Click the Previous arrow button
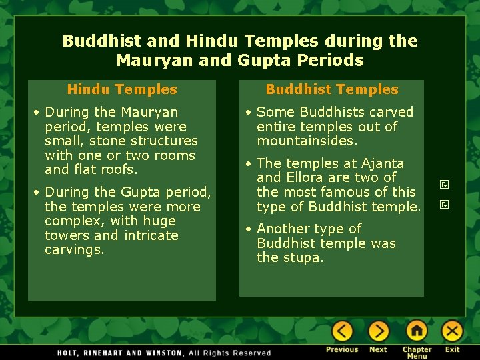tap(342, 331)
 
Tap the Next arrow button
tap(378, 331)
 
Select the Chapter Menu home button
tap(417, 331)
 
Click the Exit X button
tap(452, 331)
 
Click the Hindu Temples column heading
tap(122, 89)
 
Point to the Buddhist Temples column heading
tap(331, 89)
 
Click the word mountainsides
tap(307, 141)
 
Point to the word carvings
tap(74, 250)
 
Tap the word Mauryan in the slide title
tap(150, 61)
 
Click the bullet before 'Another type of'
tap(247, 229)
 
